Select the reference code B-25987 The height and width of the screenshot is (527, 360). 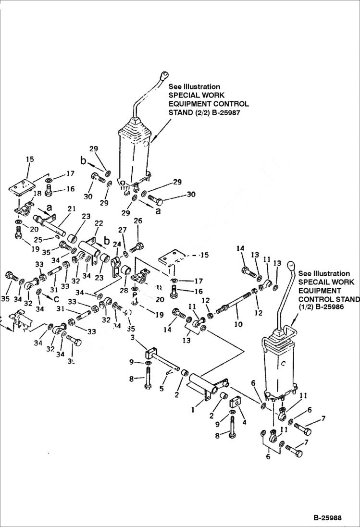click(223, 112)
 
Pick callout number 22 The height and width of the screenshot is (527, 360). click(99, 224)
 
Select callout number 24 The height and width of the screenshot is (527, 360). click(116, 244)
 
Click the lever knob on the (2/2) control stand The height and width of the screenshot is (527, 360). click(164, 76)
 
